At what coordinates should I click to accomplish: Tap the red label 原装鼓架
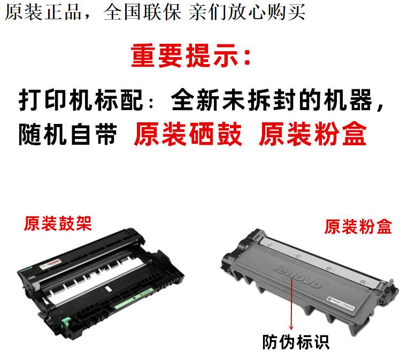click(x=58, y=223)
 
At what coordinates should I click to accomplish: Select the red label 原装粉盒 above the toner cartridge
click(x=358, y=226)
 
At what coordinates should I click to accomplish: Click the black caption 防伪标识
click(x=296, y=342)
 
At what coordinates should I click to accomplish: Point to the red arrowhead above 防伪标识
click(x=291, y=327)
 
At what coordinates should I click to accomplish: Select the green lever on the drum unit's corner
click(x=66, y=322)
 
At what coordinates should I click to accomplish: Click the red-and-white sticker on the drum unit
click(x=50, y=263)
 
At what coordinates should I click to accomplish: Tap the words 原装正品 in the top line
click(x=43, y=12)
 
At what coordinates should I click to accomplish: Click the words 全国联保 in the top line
click(x=142, y=12)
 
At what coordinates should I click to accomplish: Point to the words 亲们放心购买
click(x=247, y=12)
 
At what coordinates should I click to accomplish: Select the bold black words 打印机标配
click(x=81, y=100)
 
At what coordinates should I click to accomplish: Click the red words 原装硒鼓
click(x=188, y=134)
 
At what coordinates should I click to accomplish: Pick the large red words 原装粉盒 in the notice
click(x=313, y=134)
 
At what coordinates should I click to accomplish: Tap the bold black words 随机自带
click(x=68, y=135)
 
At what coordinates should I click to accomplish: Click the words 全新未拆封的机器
click(x=272, y=100)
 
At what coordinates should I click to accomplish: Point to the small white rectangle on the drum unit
click(x=107, y=288)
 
